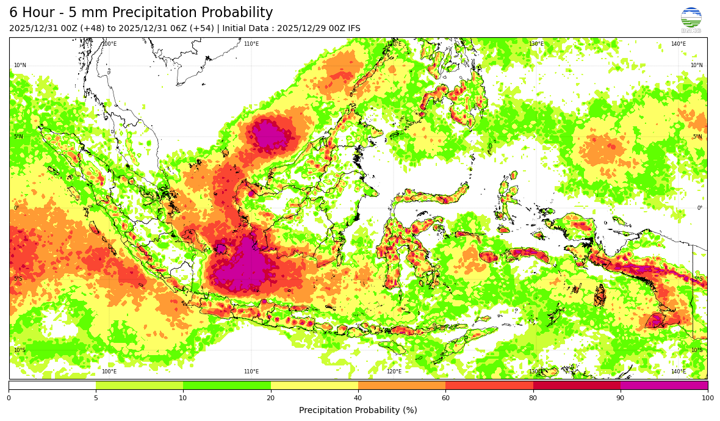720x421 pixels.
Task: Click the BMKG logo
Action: point(691,19)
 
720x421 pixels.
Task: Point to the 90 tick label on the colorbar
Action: point(621,398)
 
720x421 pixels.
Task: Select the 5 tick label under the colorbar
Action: point(96,398)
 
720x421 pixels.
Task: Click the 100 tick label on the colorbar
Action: point(707,398)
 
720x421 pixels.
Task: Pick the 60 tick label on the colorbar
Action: point(445,398)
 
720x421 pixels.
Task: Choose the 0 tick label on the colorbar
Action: point(9,398)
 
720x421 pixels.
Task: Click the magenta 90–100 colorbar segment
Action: point(664,385)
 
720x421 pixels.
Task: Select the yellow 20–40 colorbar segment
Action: point(314,385)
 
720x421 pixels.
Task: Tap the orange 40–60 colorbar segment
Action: point(401,385)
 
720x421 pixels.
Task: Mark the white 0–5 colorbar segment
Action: point(52,385)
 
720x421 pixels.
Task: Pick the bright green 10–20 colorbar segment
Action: point(227,385)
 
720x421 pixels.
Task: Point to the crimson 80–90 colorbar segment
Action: point(577,385)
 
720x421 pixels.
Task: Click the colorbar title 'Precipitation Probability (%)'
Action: point(358,410)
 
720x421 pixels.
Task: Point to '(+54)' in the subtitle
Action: point(201,29)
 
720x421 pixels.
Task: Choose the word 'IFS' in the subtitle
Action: point(353,29)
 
